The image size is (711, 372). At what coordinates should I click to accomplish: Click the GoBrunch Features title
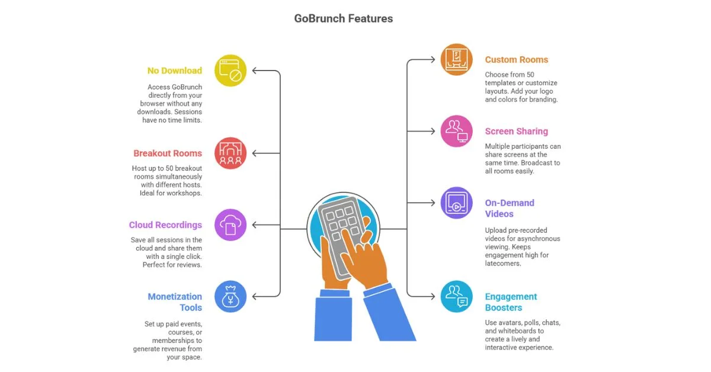(343, 18)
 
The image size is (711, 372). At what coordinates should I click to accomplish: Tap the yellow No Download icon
(230, 70)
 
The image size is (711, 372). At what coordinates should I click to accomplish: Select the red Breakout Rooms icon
(230, 153)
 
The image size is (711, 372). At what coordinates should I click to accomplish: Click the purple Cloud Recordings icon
(230, 225)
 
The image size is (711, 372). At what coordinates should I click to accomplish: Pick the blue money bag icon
(230, 296)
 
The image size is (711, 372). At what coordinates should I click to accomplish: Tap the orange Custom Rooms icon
(456, 59)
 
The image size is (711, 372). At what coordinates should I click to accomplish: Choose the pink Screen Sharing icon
(456, 131)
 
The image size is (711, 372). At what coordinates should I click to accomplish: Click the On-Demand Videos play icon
(456, 203)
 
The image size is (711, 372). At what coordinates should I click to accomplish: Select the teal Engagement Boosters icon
(456, 296)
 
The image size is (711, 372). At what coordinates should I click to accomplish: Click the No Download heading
(174, 70)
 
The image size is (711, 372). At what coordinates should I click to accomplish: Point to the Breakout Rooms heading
(167, 153)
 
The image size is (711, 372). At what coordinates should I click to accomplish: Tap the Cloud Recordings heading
(165, 225)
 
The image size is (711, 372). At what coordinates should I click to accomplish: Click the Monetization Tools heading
(175, 302)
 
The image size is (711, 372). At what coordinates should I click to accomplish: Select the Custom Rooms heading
(516, 59)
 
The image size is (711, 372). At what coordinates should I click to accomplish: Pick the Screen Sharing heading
(516, 132)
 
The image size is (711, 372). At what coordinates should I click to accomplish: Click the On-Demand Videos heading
(510, 208)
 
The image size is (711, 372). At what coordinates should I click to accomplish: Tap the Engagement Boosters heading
(511, 302)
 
